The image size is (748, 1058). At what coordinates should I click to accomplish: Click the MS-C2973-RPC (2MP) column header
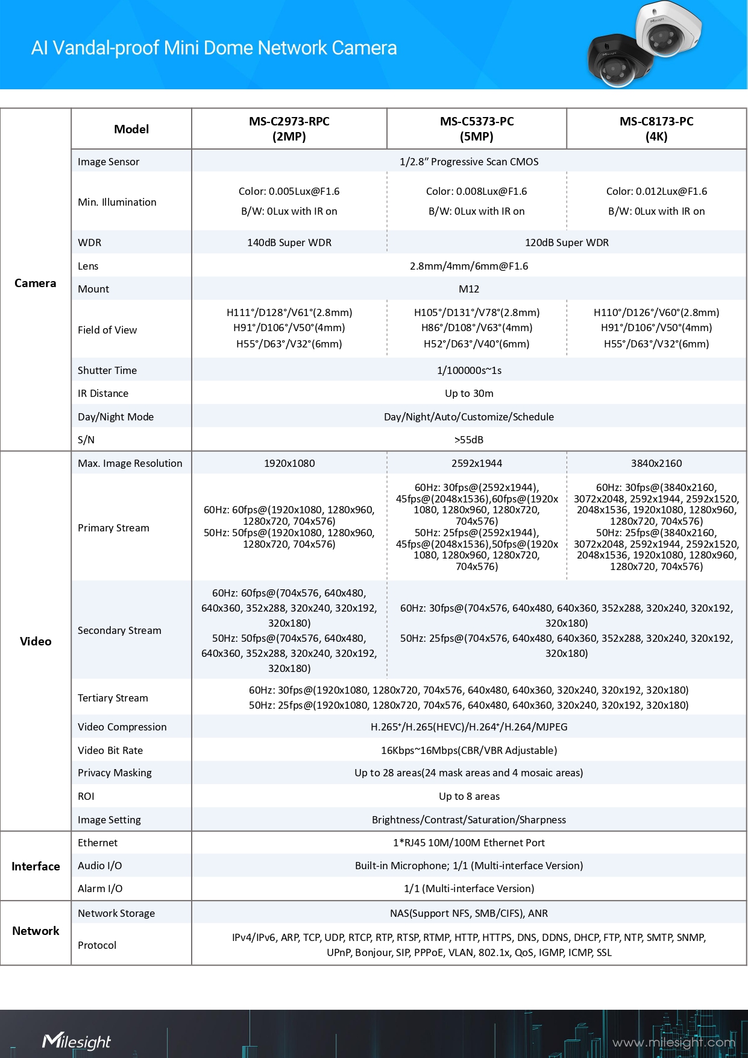pos(289,128)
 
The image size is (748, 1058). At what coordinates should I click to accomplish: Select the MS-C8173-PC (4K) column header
pos(656,128)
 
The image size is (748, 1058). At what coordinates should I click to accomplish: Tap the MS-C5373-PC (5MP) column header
pos(477,128)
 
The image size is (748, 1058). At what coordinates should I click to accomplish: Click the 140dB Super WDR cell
pos(289,242)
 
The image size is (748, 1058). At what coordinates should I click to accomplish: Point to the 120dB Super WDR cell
pos(567,242)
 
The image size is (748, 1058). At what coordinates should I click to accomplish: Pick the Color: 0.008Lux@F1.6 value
pos(476,191)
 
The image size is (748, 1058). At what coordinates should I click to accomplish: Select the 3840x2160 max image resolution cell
pos(656,463)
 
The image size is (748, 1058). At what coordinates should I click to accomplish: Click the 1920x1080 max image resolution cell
pos(289,463)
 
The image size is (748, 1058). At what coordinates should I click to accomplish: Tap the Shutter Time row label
pos(107,370)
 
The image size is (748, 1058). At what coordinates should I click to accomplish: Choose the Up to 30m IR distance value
pos(469,393)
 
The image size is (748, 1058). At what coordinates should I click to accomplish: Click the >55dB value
pos(469,440)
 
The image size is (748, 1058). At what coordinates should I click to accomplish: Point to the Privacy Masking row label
pos(115,773)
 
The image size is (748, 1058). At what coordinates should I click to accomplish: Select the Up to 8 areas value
pos(469,796)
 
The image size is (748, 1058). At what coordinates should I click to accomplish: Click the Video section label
pos(36,641)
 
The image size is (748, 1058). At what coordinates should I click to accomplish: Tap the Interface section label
pos(36,866)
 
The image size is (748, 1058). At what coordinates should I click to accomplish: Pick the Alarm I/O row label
pos(100,889)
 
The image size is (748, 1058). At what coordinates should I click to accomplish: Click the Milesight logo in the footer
pos(77,1041)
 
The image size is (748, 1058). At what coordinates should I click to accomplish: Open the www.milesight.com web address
pos(673,1042)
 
